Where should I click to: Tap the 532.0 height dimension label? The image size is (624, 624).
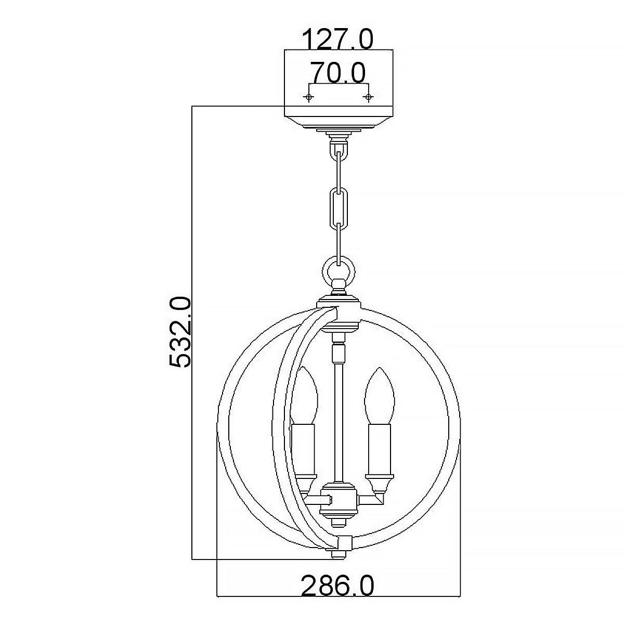pos(181,333)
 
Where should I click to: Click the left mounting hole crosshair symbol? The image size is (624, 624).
pos(309,97)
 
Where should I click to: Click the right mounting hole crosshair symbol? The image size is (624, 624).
pos(369,97)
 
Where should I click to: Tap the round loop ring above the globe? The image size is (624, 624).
pos(339,271)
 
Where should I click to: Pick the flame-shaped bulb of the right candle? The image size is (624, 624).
pos(379,395)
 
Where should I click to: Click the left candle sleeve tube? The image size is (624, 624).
pos(303,447)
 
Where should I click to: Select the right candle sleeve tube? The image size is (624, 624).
pos(379,447)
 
